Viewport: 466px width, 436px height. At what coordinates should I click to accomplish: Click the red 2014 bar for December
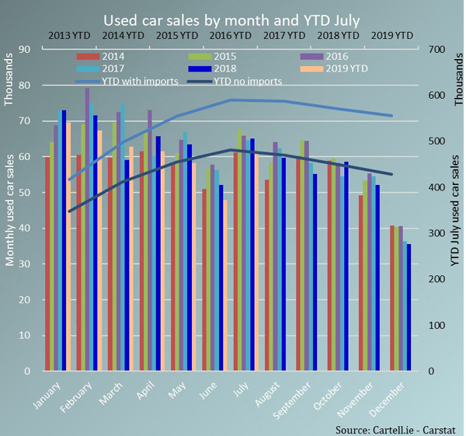click(x=392, y=298)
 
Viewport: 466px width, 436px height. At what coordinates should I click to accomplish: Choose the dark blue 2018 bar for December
click(x=409, y=308)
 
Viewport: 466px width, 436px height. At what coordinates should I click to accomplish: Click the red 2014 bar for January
click(x=47, y=264)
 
